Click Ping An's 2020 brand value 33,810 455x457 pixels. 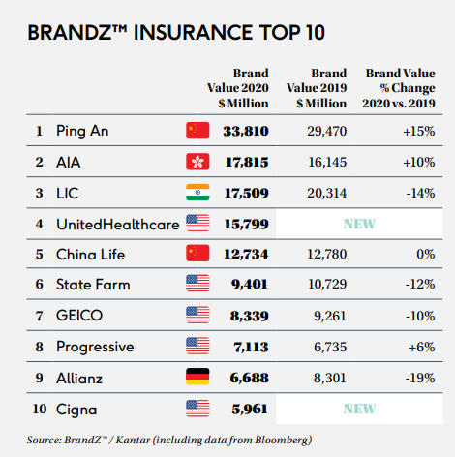(246, 131)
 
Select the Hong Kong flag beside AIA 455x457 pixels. (197, 162)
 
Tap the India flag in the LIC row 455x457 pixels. (197, 193)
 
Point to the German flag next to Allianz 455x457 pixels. (197, 377)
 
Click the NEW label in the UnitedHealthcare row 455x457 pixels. (359, 224)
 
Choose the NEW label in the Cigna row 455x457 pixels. (359, 409)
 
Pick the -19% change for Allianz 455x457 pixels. (420, 378)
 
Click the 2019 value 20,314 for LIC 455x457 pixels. (327, 193)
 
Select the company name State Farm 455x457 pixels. (93, 285)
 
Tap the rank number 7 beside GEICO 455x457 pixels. (40, 316)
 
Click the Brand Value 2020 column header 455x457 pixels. (238, 88)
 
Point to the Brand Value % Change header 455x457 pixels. (399, 88)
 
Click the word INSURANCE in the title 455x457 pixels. (193, 32)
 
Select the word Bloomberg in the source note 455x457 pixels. (284, 440)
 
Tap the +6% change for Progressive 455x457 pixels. (422, 347)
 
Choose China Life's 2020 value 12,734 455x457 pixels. (246, 254)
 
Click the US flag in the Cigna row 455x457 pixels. (197, 409)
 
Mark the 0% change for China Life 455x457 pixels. (426, 254)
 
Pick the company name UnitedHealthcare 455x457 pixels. (117, 225)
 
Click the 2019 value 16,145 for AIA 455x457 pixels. (327, 162)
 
